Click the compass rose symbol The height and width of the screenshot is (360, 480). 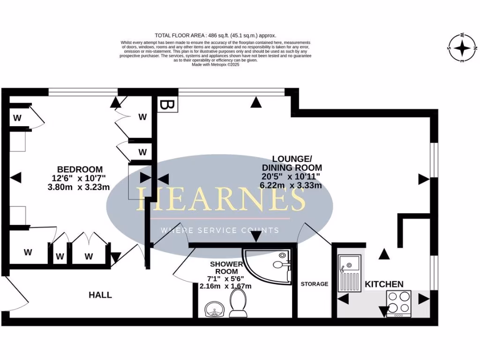pyautogui.click(x=462, y=48)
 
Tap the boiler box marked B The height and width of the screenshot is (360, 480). pyautogui.click(x=166, y=104)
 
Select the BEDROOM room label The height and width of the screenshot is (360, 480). pyautogui.click(x=80, y=169)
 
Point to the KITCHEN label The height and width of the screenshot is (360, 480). pyautogui.click(x=384, y=284)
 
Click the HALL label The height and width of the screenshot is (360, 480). pyautogui.click(x=100, y=295)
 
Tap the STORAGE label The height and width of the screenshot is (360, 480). pyautogui.click(x=314, y=284)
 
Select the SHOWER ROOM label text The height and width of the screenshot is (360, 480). pyautogui.click(x=226, y=267)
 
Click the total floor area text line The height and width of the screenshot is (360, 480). pyautogui.click(x=216, y=35)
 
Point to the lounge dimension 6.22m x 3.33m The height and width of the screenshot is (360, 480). pyautogui.click(x=291, y=185)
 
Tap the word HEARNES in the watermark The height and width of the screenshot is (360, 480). pyautogui.click(x=220, y=199)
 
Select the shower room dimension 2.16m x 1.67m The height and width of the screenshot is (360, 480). pyautogui.click(x=225, y=286)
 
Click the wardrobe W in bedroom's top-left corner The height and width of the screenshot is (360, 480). pyautogui.click(x=18, y=118)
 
